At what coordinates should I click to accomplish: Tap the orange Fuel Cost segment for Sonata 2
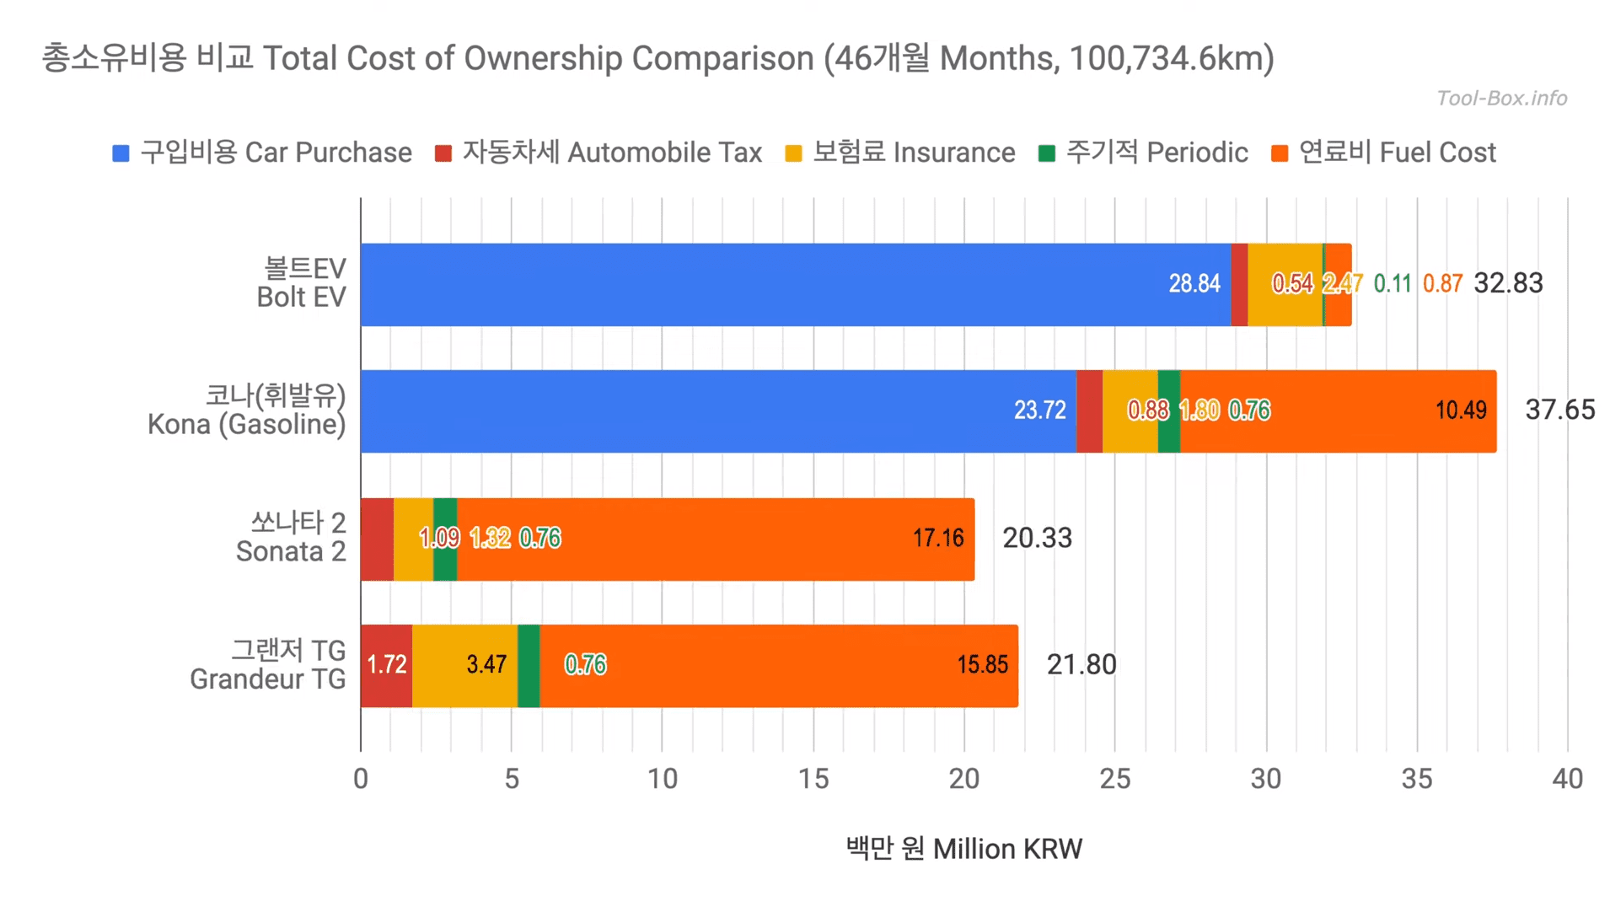(716, 539)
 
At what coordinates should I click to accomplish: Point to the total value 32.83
(1507, 283)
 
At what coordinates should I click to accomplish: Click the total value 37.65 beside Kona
(1559, 410)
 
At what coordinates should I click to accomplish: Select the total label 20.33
(1036, 538)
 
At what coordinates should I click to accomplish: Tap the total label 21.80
(1081, 665)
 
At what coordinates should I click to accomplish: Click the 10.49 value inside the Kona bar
(1460, 411)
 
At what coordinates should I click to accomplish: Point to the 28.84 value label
(1194, 284)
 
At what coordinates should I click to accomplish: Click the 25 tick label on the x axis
(1114, 779)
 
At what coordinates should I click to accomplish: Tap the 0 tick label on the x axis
(361, 779)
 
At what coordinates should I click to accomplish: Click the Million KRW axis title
(963, 849)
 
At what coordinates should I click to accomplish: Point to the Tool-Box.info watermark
(1501, 99)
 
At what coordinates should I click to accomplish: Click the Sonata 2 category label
(291, 537)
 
